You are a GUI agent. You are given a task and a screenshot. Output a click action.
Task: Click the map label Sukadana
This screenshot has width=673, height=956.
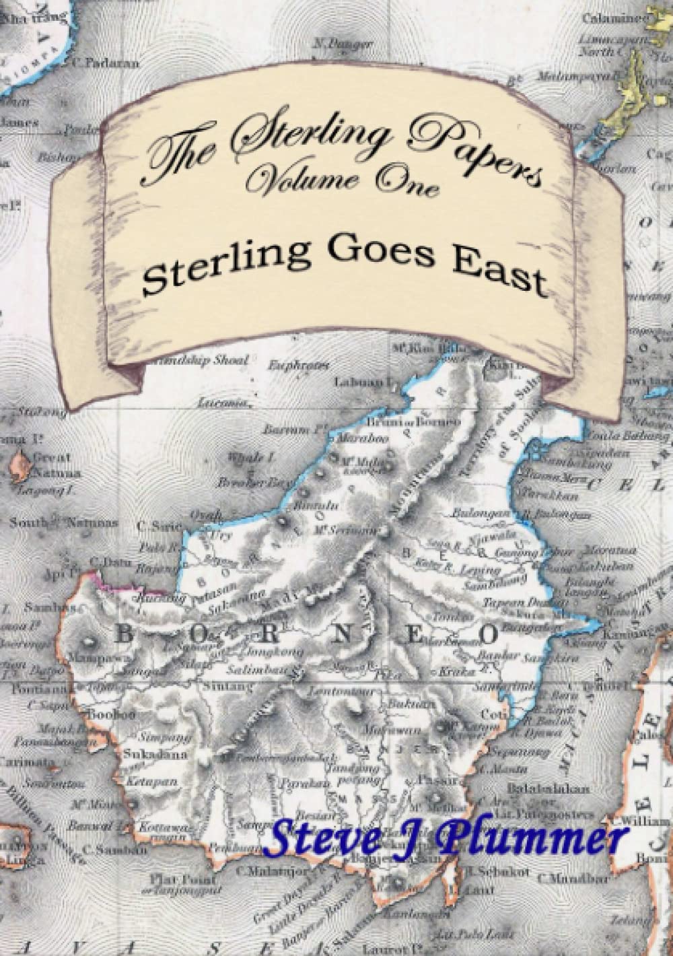point(143,755)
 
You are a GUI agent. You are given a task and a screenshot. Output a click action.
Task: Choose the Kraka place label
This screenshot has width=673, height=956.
point(447,671)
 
